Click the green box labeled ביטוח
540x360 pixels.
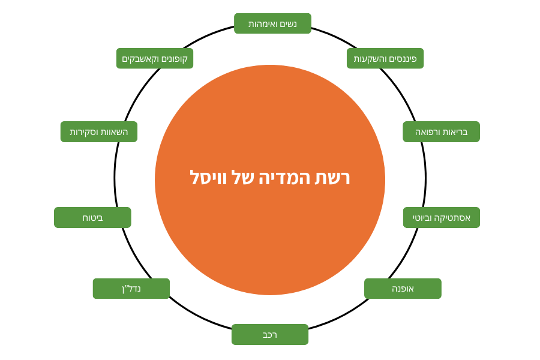pyautogui.click(x=92, y=217)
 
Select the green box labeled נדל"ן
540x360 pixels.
pyautogui.click(x=131, y=289)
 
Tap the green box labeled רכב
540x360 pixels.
pyautogui.click(x=270, y=334)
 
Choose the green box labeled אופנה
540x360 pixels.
pyautogui.click(x=403, y=289)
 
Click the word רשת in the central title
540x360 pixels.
pyautogui.click(x=333, y=178)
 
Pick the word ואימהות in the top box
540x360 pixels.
pyautogui.click(x=262, y=24)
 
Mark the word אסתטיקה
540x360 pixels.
pyautogui.click(x=453, y=217)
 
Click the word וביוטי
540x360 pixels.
pyautogui.click(x=423, y=217)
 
